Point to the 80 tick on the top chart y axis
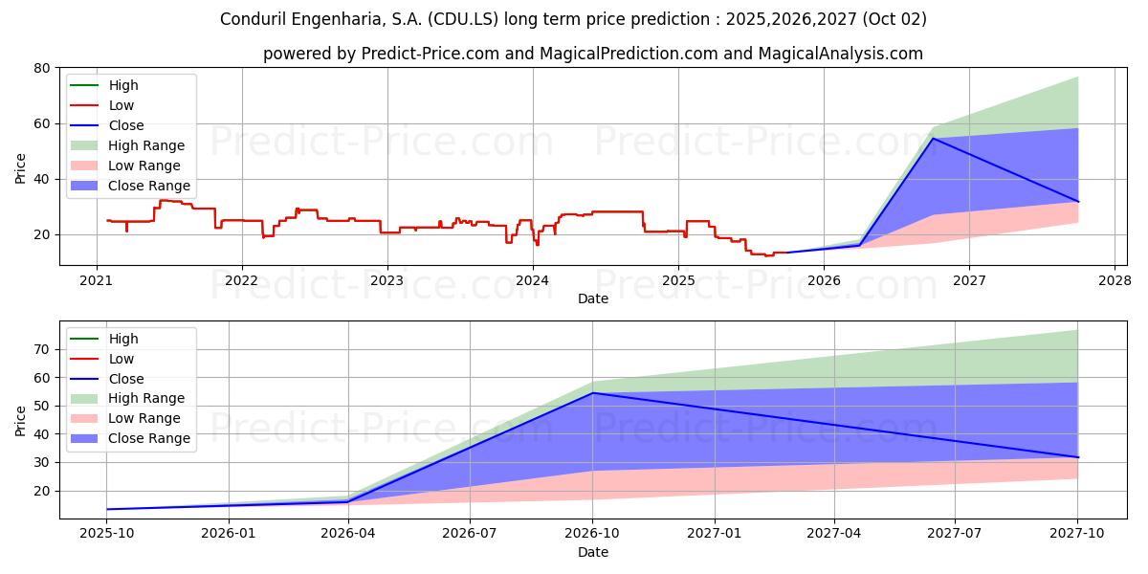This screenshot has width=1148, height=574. coord(41,68)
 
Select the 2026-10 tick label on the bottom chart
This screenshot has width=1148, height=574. coord(592,533)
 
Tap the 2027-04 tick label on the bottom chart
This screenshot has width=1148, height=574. coord(834,533)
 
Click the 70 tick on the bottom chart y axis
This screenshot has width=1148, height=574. coord(41,349)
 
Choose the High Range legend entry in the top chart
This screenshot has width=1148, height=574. coord(145,145)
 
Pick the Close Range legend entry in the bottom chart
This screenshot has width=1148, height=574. coord(148,438)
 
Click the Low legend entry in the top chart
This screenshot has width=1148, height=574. coord(121,105)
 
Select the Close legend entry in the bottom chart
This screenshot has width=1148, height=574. coord(126,379)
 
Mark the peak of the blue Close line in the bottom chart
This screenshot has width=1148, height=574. coord(592,393)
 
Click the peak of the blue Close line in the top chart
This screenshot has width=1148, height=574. coord(934,139)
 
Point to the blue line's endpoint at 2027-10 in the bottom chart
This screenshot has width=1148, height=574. coord(1077,457)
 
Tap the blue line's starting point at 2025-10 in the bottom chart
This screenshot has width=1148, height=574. coord(106,509)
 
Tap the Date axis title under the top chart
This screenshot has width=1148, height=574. coord(592,298)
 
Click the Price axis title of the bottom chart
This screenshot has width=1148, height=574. coord(21,420)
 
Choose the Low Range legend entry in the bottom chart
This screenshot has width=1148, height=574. coord(143,418)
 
